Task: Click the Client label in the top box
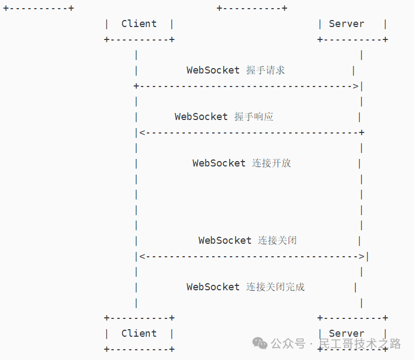click(x=139, y=24)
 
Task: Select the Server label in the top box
click(x=346, y=24)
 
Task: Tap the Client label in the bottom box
click(x=139, y=334)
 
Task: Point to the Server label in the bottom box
click(x=346, y=334)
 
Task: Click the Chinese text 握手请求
click(x=265, y=70)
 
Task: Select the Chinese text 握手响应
click(x=253, y=117)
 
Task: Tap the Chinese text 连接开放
click(x=271, y=163)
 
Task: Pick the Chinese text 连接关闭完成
click(x=275, y=287)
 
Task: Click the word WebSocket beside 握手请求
click(x=213, y=70)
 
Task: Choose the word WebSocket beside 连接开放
click(x=219, y=163)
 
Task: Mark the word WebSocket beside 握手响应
click(x=201, y=117)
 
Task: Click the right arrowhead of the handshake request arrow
click(x=356, y=86)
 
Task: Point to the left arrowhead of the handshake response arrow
click(x=142, y=133)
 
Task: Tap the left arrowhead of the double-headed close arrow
click(x=142, y=257)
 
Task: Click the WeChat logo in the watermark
click(x=260, y=343)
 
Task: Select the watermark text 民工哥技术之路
click(x=359, y=343)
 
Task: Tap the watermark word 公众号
click(x=288, y=343)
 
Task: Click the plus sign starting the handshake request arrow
click(x=136, y=86)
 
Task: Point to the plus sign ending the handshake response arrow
click(x=362, y=133)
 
